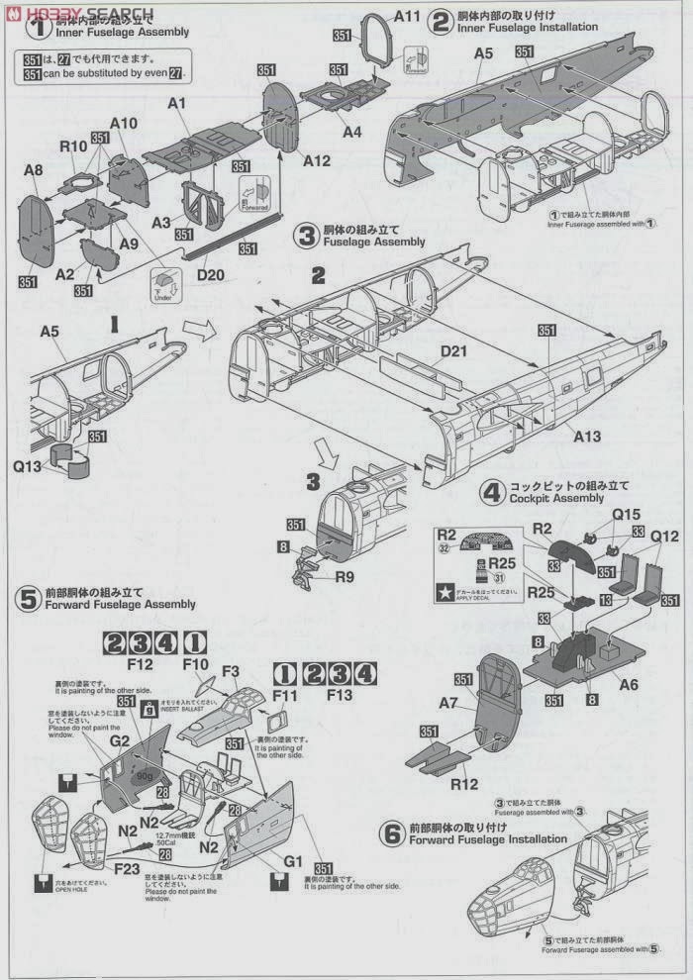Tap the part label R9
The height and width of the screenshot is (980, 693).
coord(345,577)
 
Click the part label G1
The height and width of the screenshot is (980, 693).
coord(289,860)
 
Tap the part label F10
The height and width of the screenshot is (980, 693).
coord(195,663)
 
